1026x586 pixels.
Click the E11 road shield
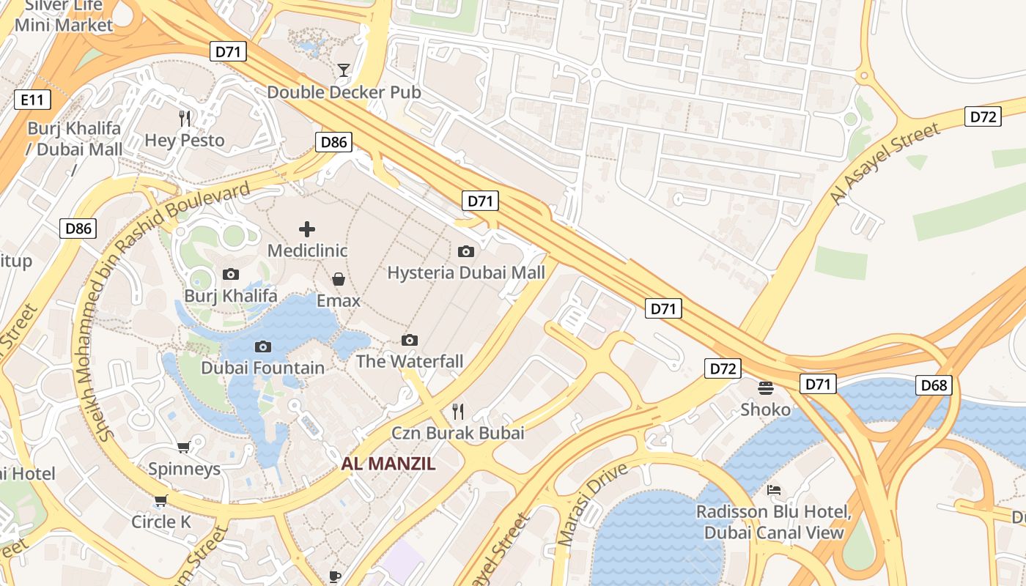pos(32,100)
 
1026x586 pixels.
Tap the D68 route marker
pos(934,385)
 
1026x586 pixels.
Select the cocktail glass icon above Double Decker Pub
pos(343,70)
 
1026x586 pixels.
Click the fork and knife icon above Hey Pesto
pos(185,118)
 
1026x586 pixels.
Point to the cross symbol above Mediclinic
pos(307,229)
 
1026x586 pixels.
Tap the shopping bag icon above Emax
pos(339,279)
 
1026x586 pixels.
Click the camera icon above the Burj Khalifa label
pos(231,274)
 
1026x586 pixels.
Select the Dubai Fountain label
pos(262,368)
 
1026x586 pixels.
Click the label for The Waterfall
pos(410,361)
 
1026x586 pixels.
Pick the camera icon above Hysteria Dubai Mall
pos(465,251)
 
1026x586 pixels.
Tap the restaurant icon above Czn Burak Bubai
pos(458,411)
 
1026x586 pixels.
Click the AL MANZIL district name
pos(388,464)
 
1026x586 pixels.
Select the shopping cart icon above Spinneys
pos(184,447)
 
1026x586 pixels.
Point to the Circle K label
pos(161,522)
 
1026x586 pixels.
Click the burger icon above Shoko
pos(766,387)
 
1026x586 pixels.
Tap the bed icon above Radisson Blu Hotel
pos(774,489)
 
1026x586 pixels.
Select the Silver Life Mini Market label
pos(64,16)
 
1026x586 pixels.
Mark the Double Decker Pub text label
pos(344,92)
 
